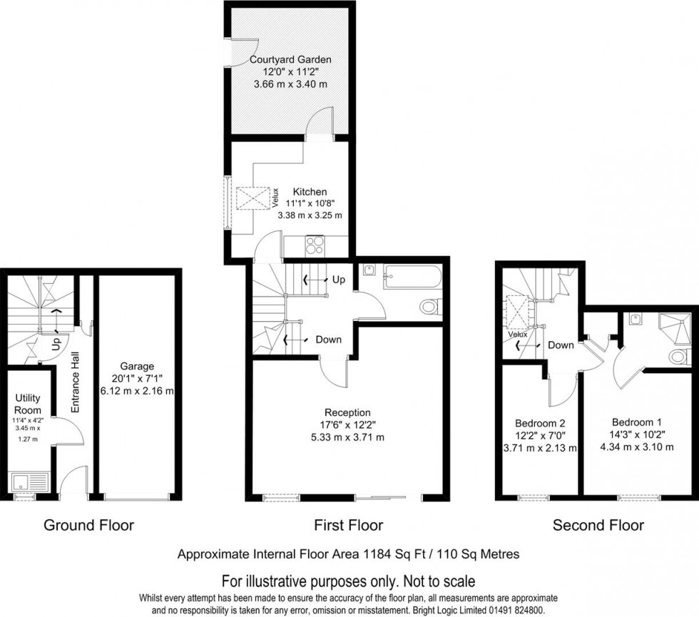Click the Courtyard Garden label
pyautogui.click(x=290, y=59)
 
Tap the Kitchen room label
pyautogui.click(x=310, y=192)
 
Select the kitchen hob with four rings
pyautogui.click(x=315, y=245)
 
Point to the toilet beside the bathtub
pyautogui.click(x=431, y=307)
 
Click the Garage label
pyautogui.click(x=137, y=367)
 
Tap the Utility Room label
pyautogui.click(x=28, y=404)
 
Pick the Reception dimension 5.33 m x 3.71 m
pyautogui.click(x=347, y=437)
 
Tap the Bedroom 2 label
pyautogui.click(x=541, y=423)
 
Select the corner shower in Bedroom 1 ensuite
pyautogui.click(x=675, y=329)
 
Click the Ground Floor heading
pyautogui.click(x=88, y=525)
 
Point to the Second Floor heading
pyautogui.click(x=598, y=525)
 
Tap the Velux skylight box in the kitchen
pyautogui.click(x=252, y=198)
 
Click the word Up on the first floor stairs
pyautogui.click(x=339, y=280)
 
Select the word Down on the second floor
pyautogui.click(x=561, y=345)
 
